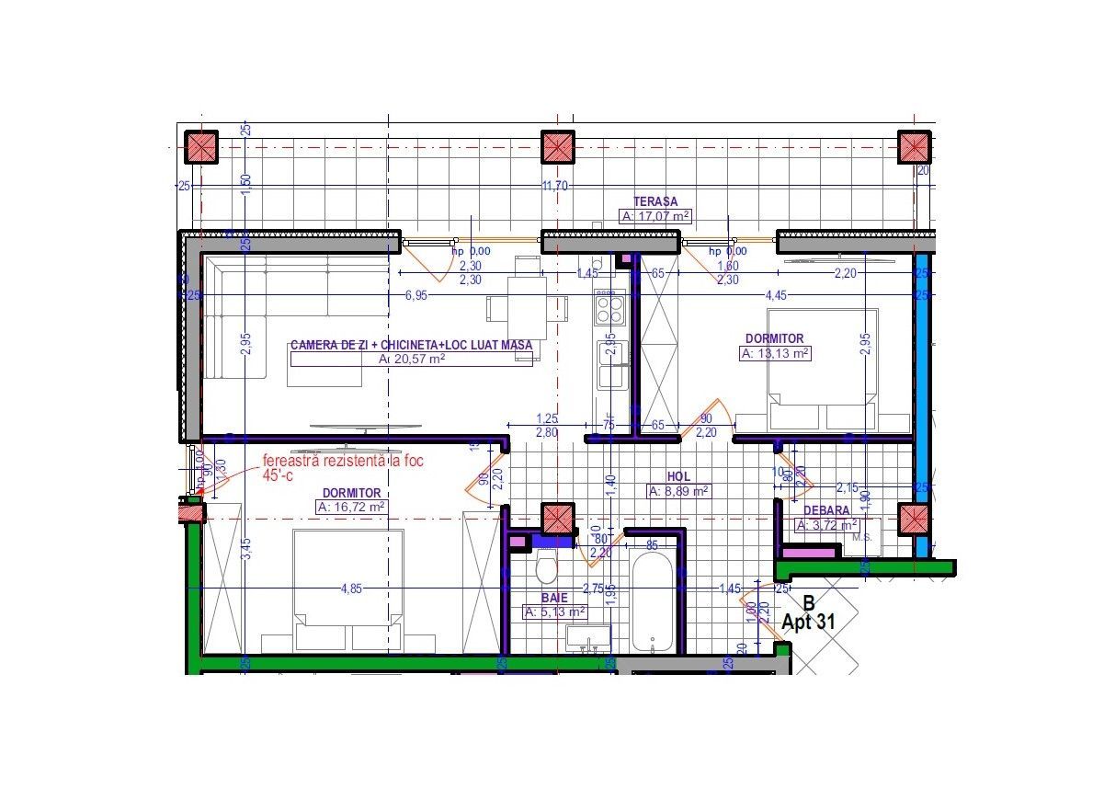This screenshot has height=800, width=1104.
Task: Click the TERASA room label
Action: (654, 201)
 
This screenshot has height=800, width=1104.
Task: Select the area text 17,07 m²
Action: (655, 217)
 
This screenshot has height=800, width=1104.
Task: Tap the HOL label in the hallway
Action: (679, 477)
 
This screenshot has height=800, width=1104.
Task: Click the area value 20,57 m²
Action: (412, 360)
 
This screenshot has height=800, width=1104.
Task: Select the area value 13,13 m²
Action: (776, 353)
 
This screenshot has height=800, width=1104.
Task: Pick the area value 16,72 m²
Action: (350, 507)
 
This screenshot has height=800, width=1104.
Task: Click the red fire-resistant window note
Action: (342, 468)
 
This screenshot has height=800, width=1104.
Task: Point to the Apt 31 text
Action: (808, 622)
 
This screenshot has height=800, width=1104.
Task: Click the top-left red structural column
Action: (201, 147)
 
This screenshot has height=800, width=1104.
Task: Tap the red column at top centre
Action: (557, 147)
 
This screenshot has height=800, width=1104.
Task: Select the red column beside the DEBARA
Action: (915, 519)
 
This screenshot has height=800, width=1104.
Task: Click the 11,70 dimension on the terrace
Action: (554, 186)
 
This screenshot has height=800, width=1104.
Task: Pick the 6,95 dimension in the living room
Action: (416, 295)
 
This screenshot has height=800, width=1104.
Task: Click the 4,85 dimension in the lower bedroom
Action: (350, 589)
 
